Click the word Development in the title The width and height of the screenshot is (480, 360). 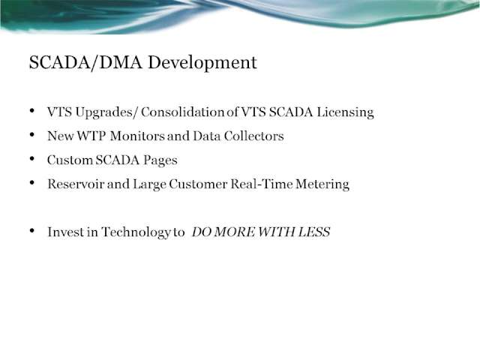[x=202, y=63]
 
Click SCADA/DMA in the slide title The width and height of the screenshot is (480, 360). [x=85, y=62]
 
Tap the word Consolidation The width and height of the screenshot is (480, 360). [x=183, y=112]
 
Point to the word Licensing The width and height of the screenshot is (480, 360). [x=345, y=112]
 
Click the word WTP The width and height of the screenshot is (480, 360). [x=91, y=136]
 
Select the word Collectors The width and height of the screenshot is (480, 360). [x=253, y=136]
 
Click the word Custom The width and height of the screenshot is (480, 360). [x=70, y=160]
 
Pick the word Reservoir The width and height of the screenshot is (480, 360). [x=76, y=184]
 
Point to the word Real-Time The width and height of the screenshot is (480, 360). [x=261, y=184]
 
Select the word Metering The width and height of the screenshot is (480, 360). [x=322, y=184]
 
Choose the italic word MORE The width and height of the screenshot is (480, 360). [x=234, y=232]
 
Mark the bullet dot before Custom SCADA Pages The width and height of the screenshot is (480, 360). [x=32, y=159]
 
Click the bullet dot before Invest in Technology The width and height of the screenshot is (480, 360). [x=32, y=231]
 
